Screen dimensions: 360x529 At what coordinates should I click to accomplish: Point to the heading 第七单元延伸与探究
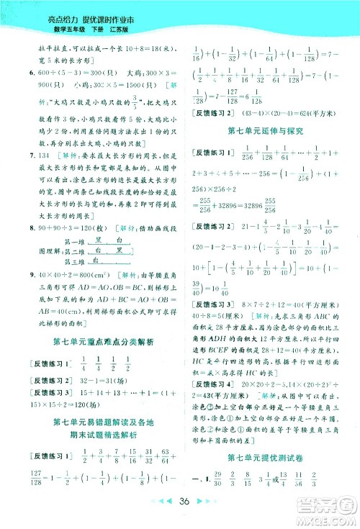click(x=260, y=131)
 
